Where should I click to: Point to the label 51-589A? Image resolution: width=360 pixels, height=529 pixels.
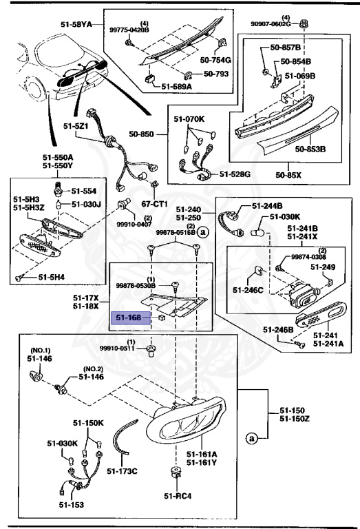(177, 86)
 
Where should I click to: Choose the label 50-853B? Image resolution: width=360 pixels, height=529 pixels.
(310, 148)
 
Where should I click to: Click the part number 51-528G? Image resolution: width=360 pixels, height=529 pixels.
(235, 174)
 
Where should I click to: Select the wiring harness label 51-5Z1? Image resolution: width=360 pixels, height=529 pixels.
(77, 126)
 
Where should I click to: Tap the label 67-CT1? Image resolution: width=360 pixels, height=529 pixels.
(156, 205)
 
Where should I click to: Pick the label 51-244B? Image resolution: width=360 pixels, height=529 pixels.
(267, 205)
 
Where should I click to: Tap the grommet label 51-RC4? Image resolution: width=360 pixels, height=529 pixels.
(176, 495)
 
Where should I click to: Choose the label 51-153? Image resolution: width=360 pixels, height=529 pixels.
(70, 506)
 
